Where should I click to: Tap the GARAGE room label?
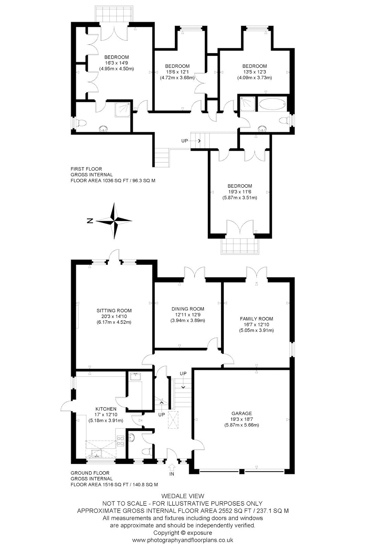tap(242, 413)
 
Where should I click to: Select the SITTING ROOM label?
tap(114, 311)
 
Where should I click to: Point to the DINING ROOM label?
tap(188, 309)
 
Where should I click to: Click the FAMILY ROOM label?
tap(256, 319)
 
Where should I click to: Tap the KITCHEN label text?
tap(106, 409)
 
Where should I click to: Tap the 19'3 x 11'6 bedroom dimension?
tap(240, 192)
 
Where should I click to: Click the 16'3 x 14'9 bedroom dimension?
tap(116, 63)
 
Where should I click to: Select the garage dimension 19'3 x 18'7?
tap(242, 419)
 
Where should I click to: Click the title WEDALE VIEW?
tap(183, 496)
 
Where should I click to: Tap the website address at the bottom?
tap(183, 540)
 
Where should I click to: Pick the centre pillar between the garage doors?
tap(242, 471)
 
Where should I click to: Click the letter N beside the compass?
tap(90, 221)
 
